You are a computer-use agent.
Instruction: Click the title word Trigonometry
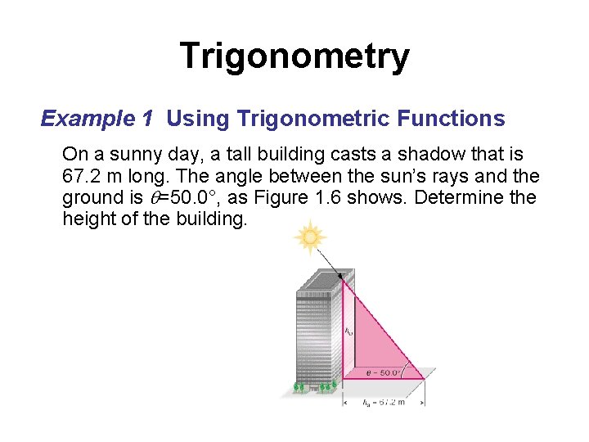[x=294, y=56]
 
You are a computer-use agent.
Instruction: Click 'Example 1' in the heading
[x=97, y=120]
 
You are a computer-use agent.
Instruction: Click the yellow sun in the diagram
[x=310, y=237]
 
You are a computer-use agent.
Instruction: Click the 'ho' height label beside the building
[x=348, y=331]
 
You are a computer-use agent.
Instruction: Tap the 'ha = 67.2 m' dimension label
[x=384, y=402]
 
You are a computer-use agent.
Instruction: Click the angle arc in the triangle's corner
[x=407, y=367]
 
